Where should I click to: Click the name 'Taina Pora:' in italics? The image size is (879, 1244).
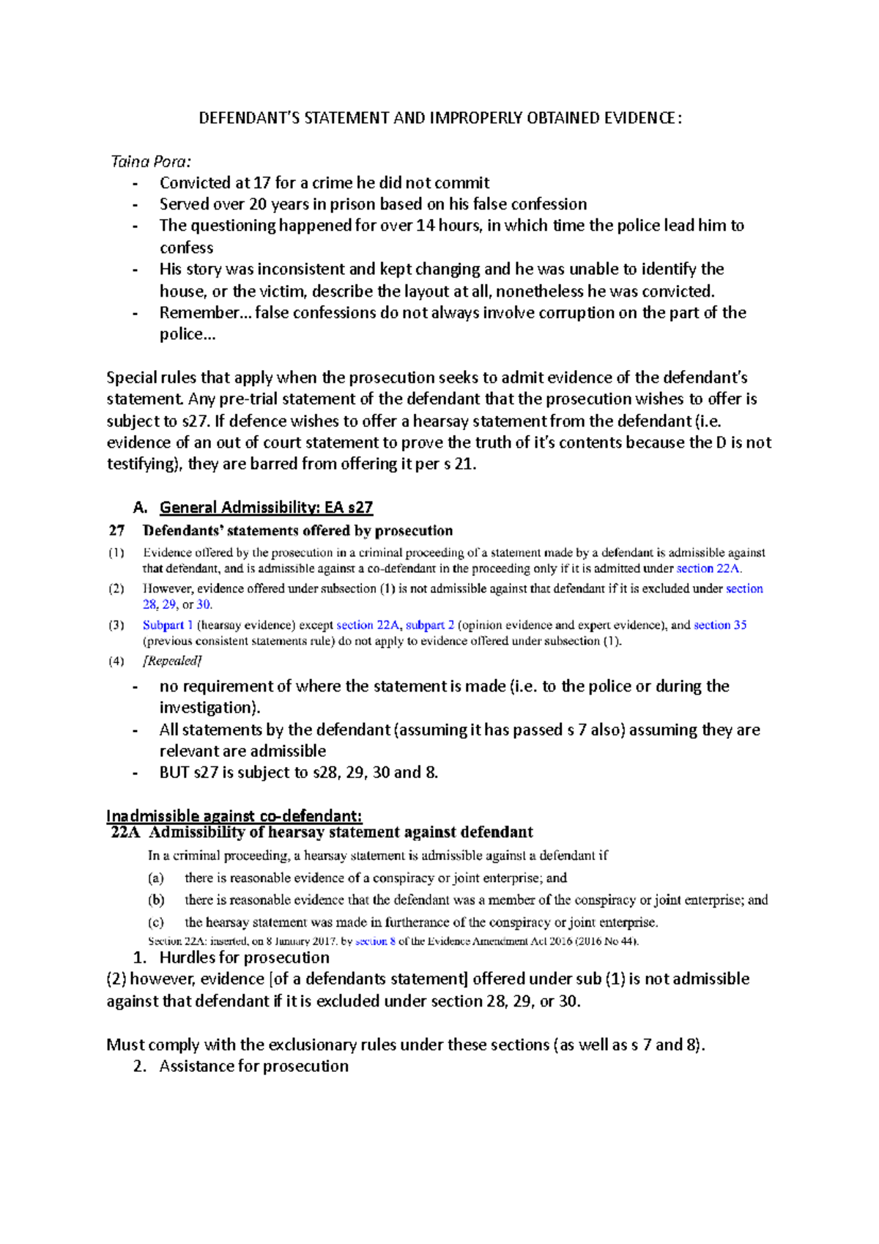pos(150,161)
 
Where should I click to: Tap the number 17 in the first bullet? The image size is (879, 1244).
pos(262,182)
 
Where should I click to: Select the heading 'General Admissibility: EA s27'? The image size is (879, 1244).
pos(266,507)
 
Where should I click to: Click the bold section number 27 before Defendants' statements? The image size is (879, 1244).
pos(116,530)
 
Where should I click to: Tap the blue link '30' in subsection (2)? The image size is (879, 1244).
pos(203,604)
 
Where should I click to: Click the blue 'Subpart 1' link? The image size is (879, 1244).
pos(168,625)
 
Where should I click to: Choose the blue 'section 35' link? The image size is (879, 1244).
pos(720,625)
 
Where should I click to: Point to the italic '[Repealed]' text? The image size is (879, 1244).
pos(171,661)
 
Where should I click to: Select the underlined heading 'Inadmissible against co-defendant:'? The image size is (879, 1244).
pos(234,815)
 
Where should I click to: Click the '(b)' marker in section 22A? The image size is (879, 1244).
pos(155,900)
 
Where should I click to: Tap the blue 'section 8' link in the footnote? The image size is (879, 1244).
pos(375,941)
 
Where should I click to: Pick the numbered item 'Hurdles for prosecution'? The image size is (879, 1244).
pos(244,958)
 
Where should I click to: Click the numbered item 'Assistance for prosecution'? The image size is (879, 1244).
pos(253,1066)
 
